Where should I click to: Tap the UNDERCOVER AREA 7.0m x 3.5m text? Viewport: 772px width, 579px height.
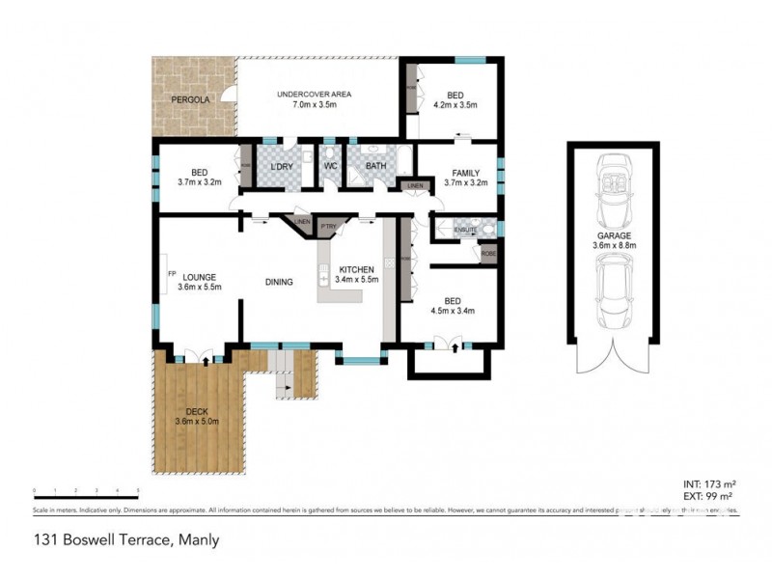314,98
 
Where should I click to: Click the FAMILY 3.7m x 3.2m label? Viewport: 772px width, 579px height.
466,177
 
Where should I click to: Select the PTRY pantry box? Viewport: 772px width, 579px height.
328,228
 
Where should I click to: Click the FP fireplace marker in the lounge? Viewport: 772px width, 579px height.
172,273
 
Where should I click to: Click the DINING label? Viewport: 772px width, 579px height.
280,282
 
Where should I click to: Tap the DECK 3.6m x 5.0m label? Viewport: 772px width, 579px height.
198,416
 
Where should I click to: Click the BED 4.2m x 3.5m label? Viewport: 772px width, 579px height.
455,99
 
